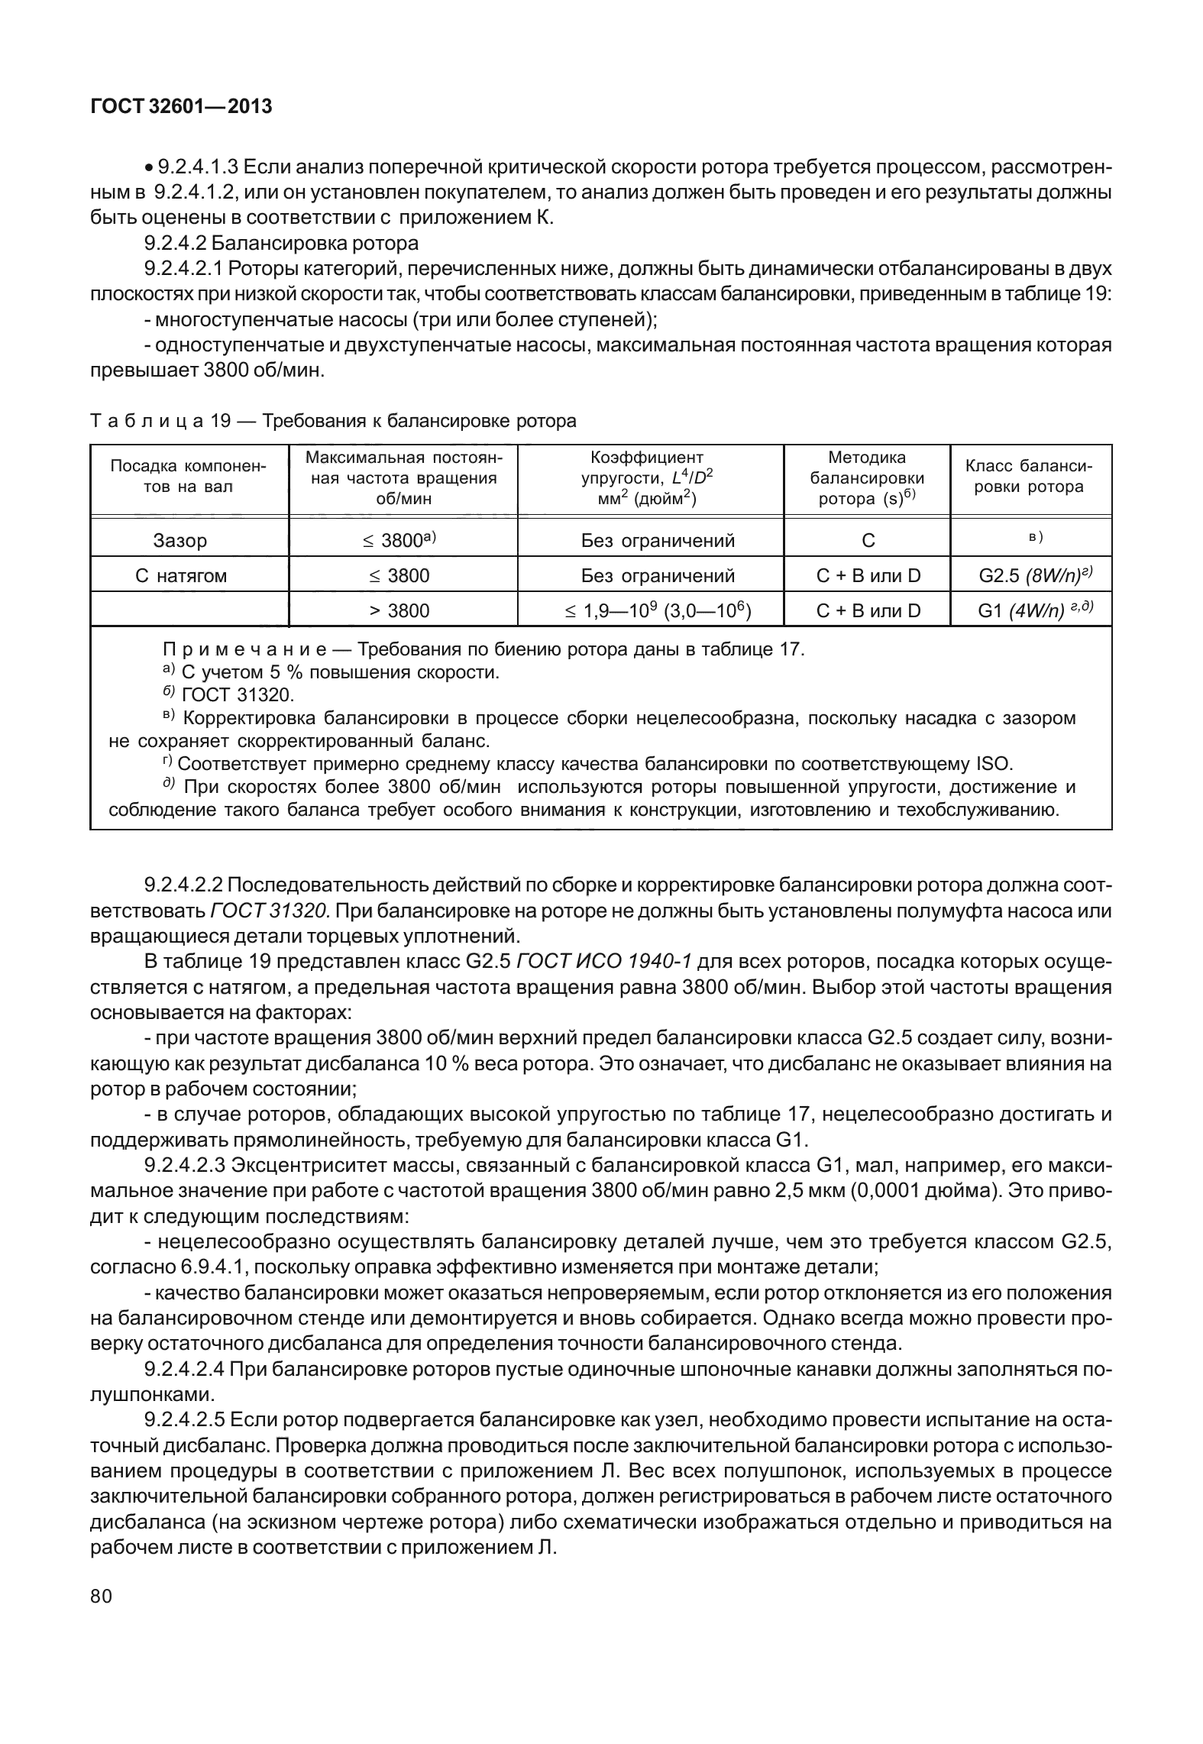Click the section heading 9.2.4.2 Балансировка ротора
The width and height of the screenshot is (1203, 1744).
281,243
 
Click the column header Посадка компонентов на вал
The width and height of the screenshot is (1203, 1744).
189,477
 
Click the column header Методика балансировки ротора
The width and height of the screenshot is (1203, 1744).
866,478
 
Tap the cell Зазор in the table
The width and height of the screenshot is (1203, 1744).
179,541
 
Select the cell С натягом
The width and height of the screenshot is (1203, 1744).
181,575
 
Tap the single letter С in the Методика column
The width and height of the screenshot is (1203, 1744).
868,541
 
